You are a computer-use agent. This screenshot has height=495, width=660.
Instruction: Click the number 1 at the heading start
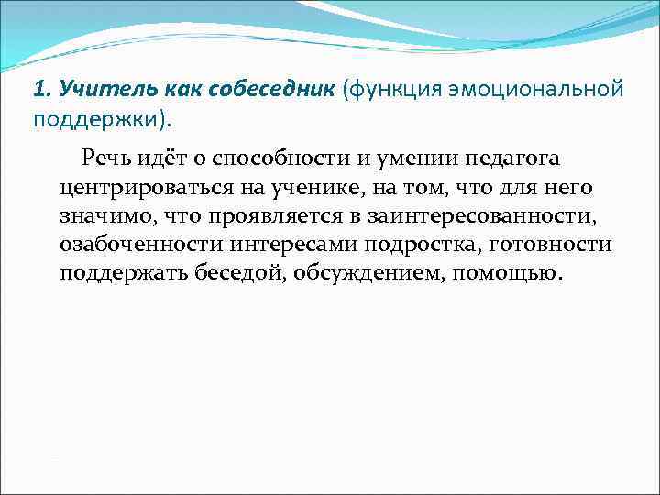pyautogui.click(x=38, y=90)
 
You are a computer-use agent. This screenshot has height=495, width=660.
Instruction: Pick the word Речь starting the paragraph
pyautogui.click(x=109, y=158)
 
